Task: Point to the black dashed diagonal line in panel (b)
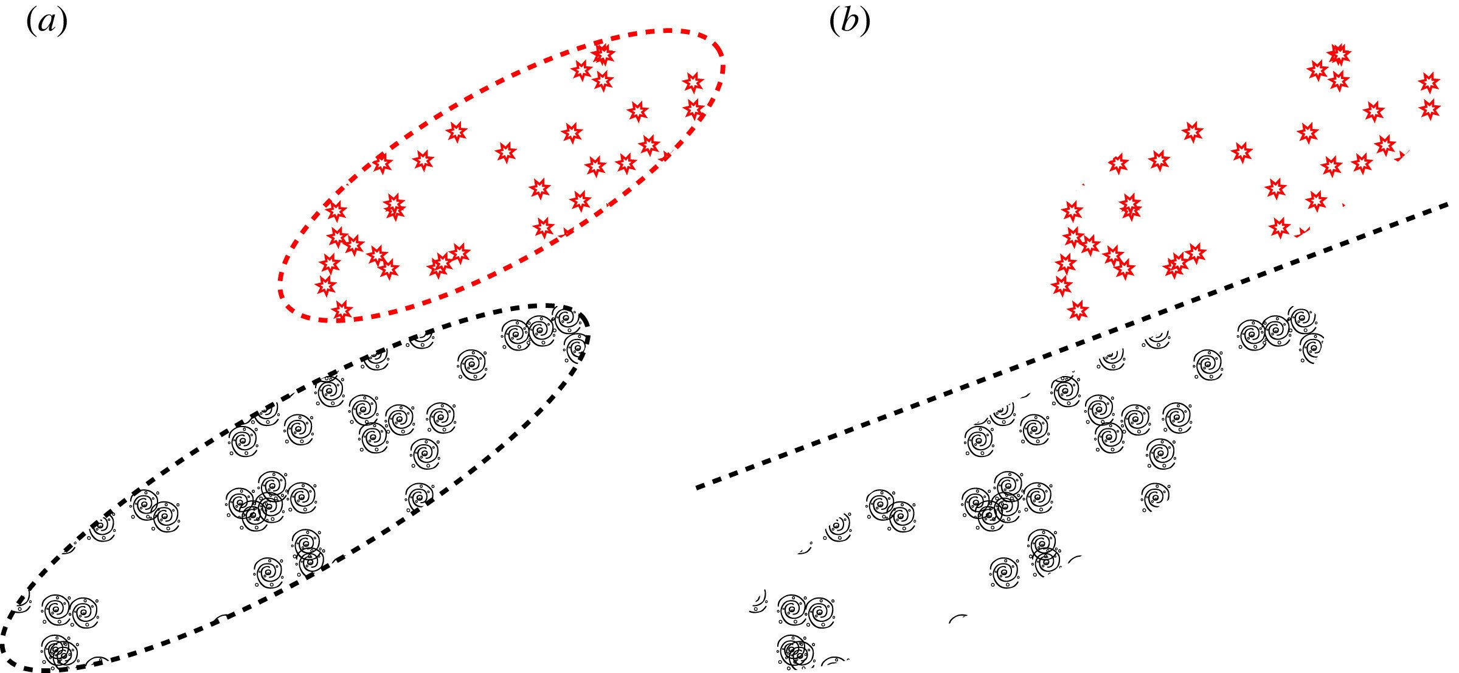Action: click(1070, 347)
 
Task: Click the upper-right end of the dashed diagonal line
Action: click(1447, 204)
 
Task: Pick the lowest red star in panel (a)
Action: click(342, 310)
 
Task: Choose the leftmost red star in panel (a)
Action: click(325, 285)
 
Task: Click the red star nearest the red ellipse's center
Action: click(505, 152)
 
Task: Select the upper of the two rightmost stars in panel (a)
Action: click(693, 82)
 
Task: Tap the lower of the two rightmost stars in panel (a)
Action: click(693, 109)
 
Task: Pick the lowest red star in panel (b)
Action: click(1078, 310)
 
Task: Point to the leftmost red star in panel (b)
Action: click(1061, 285)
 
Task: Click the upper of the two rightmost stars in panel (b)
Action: click(1429, 82)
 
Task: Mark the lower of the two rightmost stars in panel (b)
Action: click(1430, 109)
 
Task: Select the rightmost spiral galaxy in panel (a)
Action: click(576, 347)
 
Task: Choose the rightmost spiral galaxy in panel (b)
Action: click(1312, 347)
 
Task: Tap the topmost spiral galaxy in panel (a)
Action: click(565, 318)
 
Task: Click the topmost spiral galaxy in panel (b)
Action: click(1301, 318)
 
